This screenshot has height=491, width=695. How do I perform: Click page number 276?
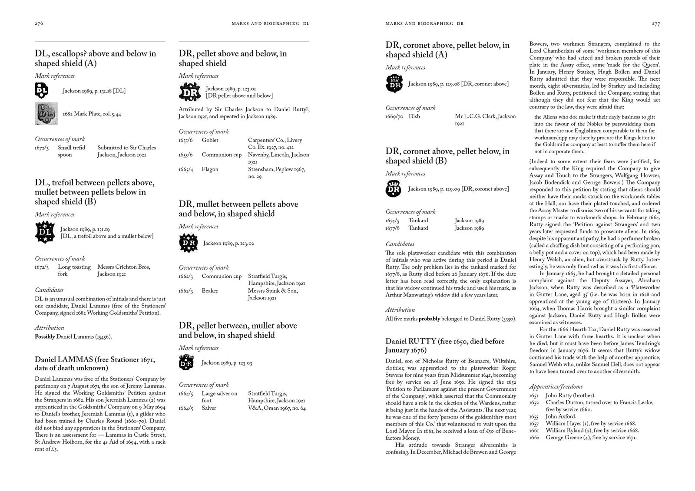click(x=39, y=24)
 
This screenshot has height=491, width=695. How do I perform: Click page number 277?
click(x=656, y=24)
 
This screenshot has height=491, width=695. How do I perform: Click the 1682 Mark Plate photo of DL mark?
click(x=46, y=114)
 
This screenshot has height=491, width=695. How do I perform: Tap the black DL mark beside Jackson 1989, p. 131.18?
click(x=41, y=91)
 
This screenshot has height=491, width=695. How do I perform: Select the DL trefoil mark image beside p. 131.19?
click(x=45, y=232)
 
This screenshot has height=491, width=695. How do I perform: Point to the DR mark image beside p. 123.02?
click(x=189, y=243)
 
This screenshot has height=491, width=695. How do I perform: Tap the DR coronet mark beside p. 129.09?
click(x=394, y=189)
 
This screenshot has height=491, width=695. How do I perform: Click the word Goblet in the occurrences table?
click(x=210, y=140)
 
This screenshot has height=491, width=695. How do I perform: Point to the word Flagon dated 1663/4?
click(x=210, y=169)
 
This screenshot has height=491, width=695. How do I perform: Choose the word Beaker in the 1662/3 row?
click(x=210, y=291)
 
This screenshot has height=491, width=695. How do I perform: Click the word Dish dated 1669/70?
click(x=414, y=116)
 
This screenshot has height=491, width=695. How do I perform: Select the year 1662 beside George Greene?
click(x=534, y=437)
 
